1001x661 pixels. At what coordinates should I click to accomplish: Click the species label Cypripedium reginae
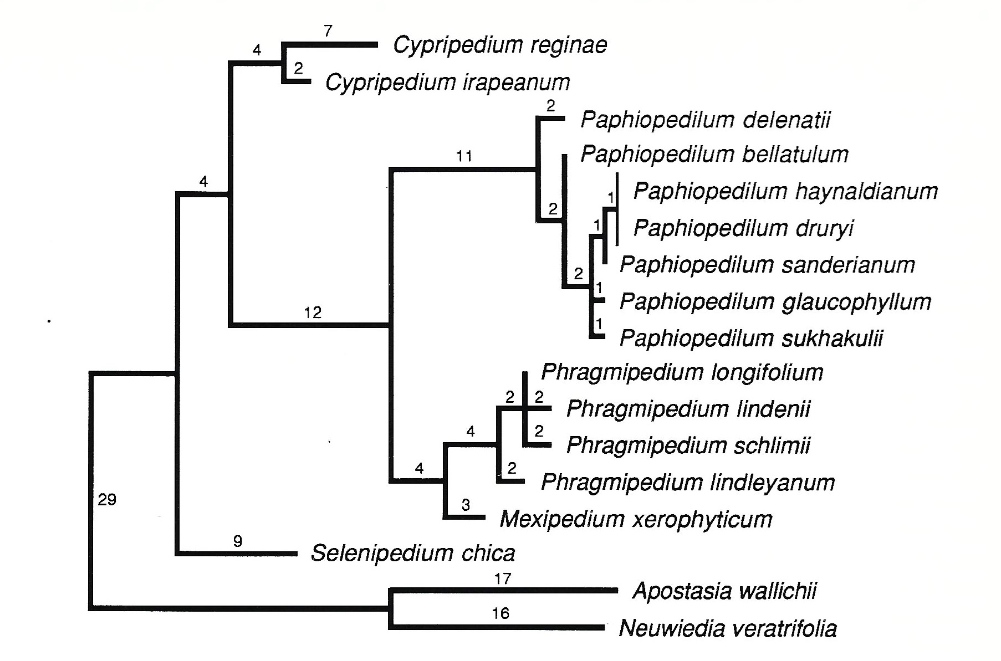click(x=499, y=45)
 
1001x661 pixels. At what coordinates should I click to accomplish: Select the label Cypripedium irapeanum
click(x=447, y=83)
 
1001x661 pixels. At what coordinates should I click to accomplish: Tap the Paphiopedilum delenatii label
click(x=705, y=120)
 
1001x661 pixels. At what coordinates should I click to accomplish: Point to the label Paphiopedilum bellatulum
click(x=714, y=155)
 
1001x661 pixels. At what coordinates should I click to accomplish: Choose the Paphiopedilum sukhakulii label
click(x=751, y=338)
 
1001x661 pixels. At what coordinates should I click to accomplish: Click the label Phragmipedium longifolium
click(x=682, y=372)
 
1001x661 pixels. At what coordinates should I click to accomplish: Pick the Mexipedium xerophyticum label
click(x=636, y=520)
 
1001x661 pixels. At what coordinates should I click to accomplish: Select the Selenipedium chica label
click(x=413, y=553)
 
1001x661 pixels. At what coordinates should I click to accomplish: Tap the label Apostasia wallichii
click(x=724, y=591)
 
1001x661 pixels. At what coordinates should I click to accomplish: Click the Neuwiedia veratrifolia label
click(x=727, y=629)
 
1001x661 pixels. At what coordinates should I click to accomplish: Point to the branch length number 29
click(x=107, y=500)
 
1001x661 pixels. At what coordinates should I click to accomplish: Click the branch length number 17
click(x=502, y=579)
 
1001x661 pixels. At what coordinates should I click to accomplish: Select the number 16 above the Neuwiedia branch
click(x=500, y=614)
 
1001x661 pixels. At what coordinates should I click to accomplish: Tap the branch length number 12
click(x=313, y=313)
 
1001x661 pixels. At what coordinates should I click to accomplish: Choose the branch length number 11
click(x=464, y=157)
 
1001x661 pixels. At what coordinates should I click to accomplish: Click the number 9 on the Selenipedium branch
click(x=238, y=541)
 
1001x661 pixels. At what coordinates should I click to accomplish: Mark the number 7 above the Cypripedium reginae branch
click(x=328, y=31)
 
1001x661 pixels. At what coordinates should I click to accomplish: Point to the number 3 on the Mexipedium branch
click(x=466, y=505)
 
